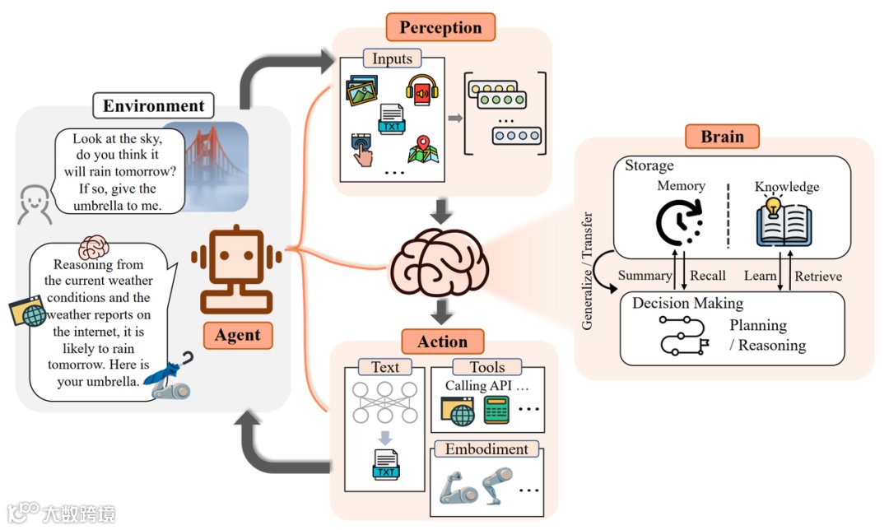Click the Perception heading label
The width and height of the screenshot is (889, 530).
[440, 27]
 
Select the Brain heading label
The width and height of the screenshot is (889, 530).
[722, 137]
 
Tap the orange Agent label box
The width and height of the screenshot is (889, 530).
[238, 335]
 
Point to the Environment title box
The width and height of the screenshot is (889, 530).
[154, 105]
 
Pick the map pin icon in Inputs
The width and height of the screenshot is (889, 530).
[423, 150]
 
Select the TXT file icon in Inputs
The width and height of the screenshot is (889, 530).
[392, 119]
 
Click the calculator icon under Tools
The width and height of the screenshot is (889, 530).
[496, 410]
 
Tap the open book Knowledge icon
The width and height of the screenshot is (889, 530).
[784, 222]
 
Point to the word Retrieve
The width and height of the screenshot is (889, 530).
[818, 276]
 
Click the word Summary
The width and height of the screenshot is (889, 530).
[645, 276]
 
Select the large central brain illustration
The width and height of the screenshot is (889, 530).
[438, 262]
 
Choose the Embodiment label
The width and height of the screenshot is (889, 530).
[486, 449]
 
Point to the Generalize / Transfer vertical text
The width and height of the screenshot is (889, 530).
[588, 271]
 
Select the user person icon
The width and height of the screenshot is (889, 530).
[35, 204]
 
